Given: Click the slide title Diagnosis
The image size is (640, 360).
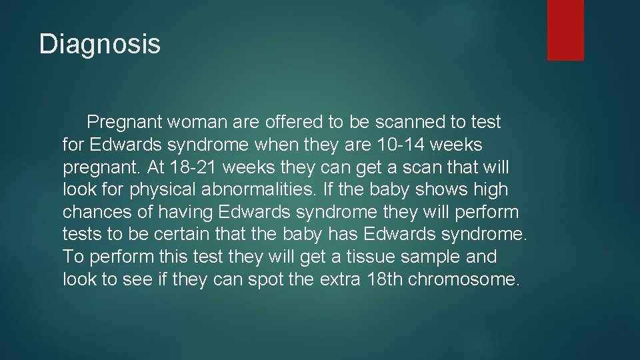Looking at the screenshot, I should (x=100, y=44).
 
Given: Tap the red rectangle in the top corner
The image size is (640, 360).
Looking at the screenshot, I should (x=565, y=30).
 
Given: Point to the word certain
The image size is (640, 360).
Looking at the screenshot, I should (x=199, y=234).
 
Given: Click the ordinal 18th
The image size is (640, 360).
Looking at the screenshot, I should (x=385, y=279).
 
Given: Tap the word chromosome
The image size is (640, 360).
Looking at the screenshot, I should (x=462, y=279).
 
